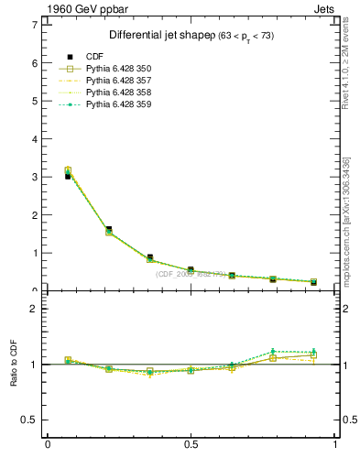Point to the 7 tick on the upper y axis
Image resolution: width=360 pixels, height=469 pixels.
(34, 25)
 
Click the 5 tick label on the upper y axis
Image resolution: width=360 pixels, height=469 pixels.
(34, 101)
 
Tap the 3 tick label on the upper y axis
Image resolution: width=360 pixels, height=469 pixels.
(34, 177)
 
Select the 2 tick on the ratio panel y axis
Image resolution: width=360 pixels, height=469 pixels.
(34, 309)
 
